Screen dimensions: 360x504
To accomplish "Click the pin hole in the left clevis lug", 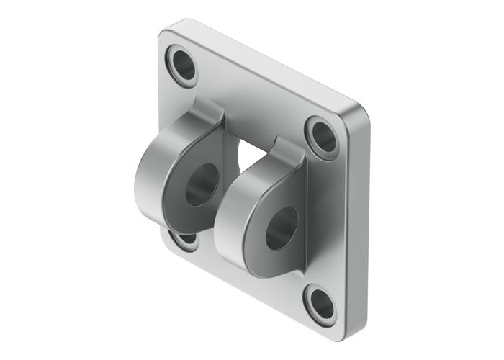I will click(x=202, y=184).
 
